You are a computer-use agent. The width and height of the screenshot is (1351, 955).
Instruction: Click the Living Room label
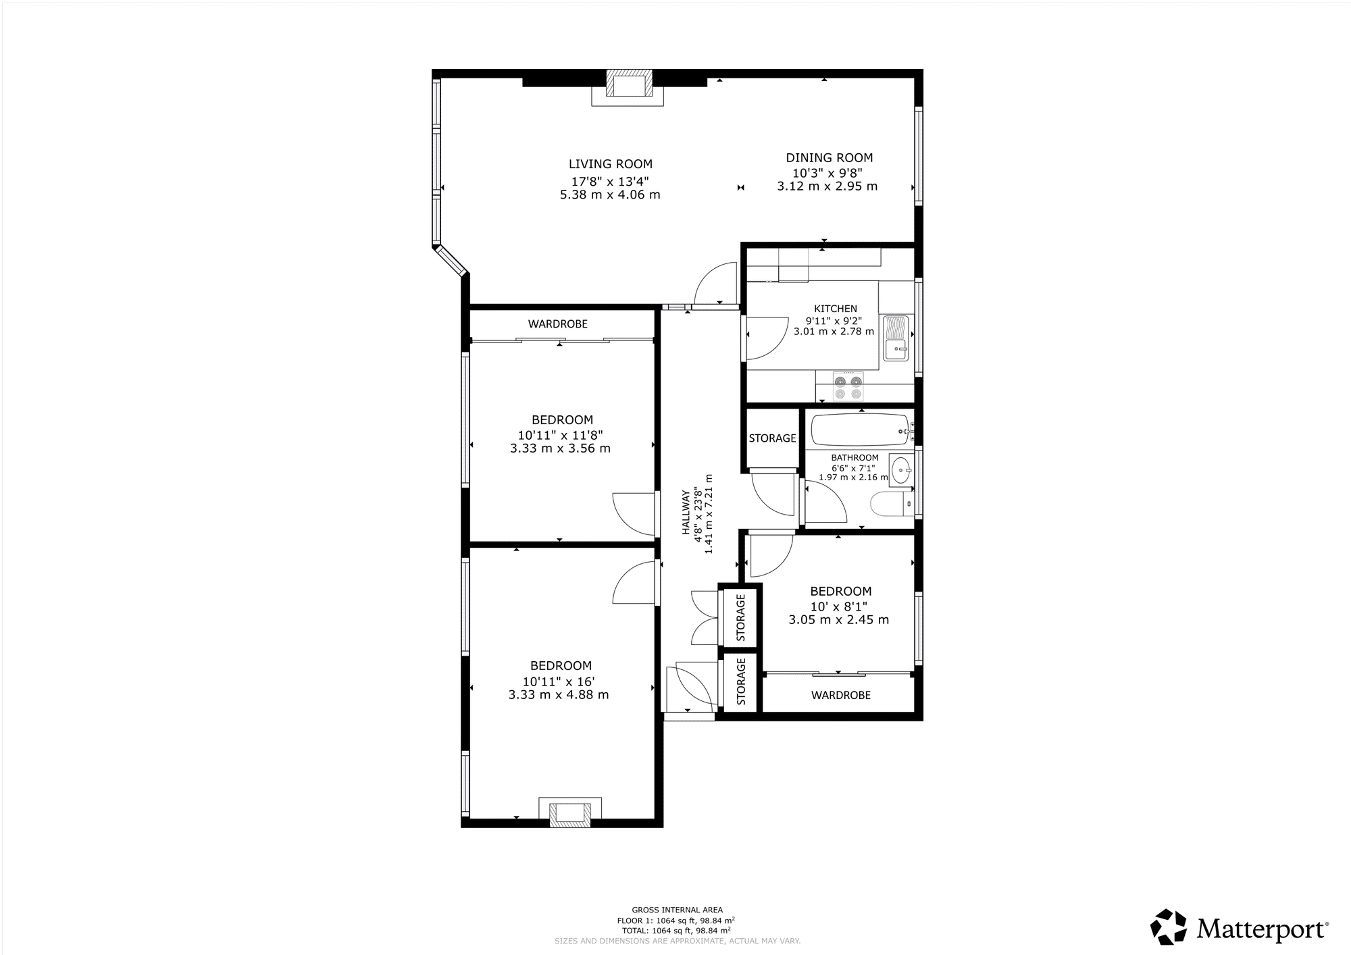(x=611, y=164)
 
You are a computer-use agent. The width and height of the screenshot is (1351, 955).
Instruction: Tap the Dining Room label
(x=829, y=158)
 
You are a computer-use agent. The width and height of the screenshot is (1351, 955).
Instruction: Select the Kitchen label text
(x=836, y=309)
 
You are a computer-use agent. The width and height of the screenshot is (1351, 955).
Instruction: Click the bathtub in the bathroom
(x=859, y=430)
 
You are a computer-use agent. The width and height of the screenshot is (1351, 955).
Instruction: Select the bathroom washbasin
(x=901, y=469)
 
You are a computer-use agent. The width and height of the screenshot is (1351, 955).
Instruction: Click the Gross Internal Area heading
(x=677, y=910)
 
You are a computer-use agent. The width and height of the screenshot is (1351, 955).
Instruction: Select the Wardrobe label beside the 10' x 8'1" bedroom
(x=840, y=695)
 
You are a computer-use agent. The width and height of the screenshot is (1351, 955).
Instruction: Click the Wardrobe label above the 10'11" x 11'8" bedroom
(x=558, y=324)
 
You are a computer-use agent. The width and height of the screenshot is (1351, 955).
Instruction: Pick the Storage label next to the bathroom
(x=772, y=438)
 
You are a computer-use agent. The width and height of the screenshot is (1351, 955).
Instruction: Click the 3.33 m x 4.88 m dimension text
(x=559, y=695)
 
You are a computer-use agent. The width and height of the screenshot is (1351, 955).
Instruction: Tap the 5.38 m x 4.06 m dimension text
(x=610, y=195)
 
